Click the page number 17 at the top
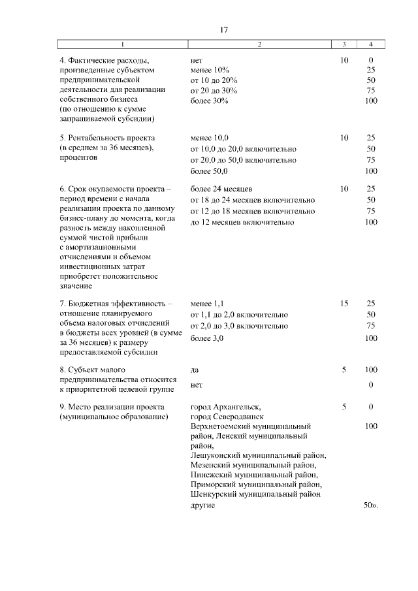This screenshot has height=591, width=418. pyautogui.click(x=223, y=29)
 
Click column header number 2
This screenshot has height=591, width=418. pyautogui.click(x=259, y=44)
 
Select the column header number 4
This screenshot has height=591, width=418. pyautogui.click(x=371, y=44)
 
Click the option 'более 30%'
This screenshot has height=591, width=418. pyautogui.click(x=210, y=101)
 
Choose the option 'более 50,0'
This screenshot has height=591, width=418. pyautogui.click(x=210, y=171)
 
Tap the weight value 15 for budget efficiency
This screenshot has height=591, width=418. pyautogui.click(x=344, y=304)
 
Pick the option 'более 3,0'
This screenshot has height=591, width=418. pyautogui.click(x=207, y=338)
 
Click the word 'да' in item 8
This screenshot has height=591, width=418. pyautogui.click(x=195, y=370)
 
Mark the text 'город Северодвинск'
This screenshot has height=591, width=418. pyautogui.click(x=226, y=416)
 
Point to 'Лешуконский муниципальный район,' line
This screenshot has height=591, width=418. pyautogui.click(x=258, y=455)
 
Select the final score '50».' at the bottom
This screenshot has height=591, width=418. pyautogui.click(x=370, y=506)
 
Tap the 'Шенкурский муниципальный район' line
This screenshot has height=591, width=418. pyautogui.click(x=255, y=495)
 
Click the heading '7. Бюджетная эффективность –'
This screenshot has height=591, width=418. pyautogui.click(x=116, y=304)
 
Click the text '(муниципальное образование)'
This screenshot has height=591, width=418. pyautogui.click(x=113, y=416)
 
